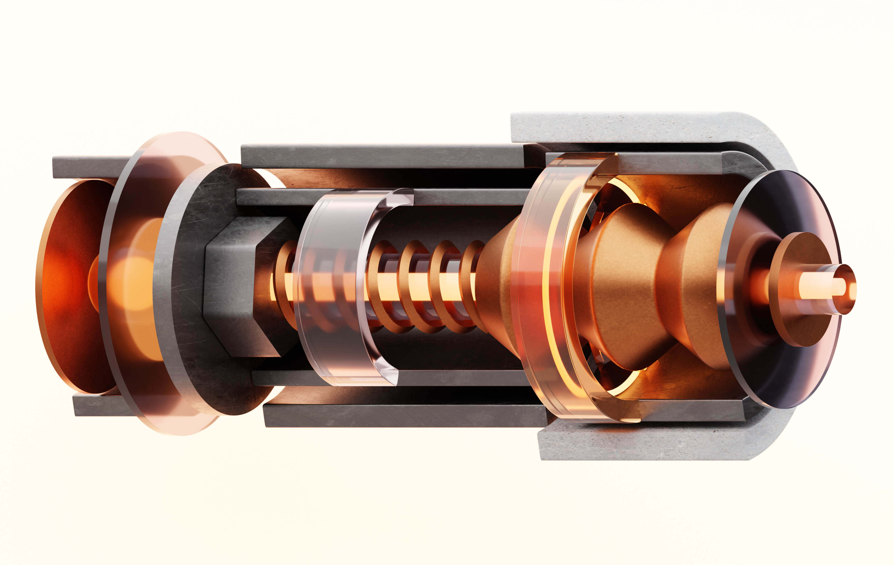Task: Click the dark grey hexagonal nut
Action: point(238,286)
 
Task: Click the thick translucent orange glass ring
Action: point(538,290)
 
